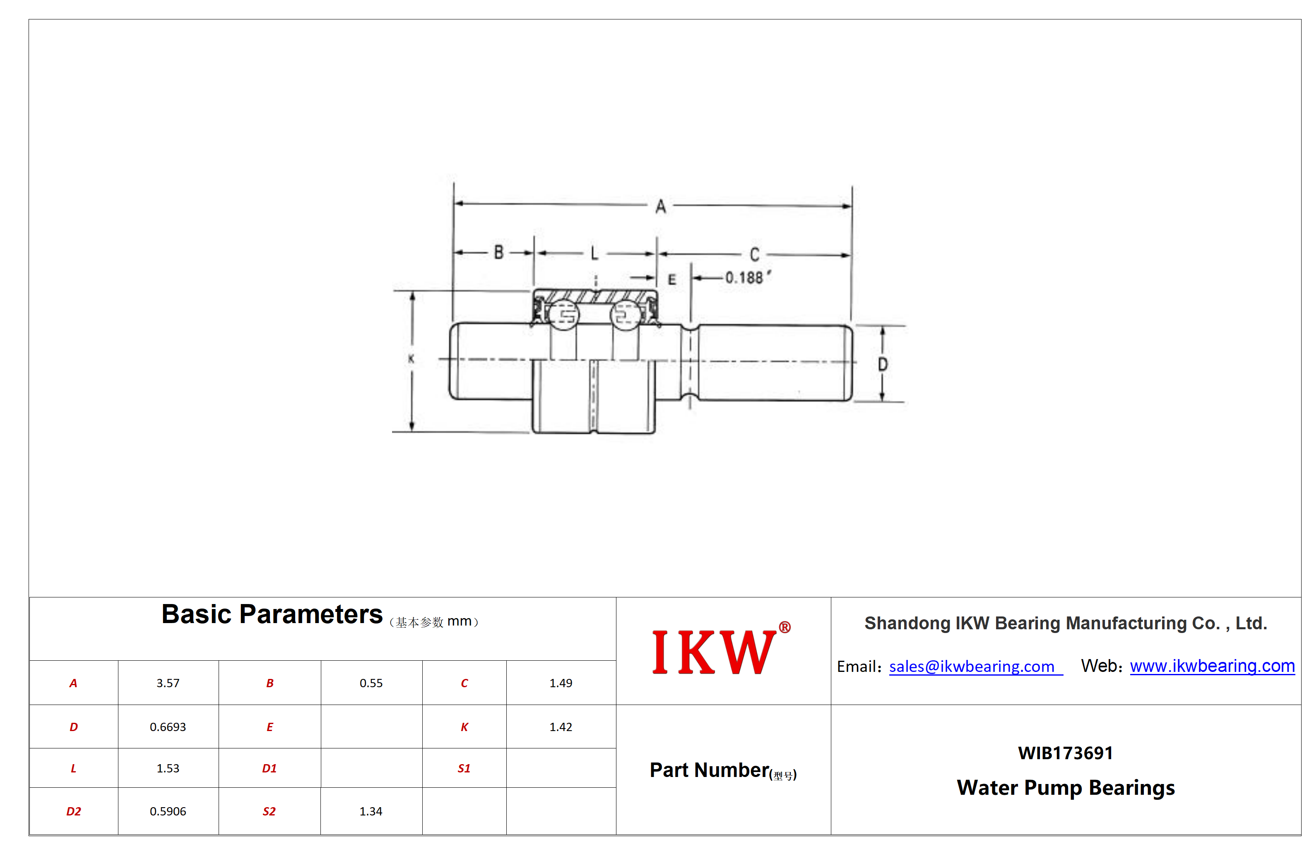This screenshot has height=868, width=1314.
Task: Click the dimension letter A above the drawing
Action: (x=660, y=207)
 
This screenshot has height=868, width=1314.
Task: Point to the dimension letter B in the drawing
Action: (x=498, y=252)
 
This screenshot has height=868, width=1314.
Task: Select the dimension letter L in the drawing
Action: (x=594, y=254)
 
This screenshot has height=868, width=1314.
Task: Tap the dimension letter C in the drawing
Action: (x=755, y=254)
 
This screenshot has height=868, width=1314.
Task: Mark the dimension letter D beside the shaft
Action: (x=883, y=364)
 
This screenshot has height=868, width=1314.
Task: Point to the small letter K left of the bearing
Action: (x=411, y=359)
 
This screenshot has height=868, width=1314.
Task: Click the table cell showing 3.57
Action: (x=168, y=683)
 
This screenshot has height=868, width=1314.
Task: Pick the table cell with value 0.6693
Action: (x=168, y=727)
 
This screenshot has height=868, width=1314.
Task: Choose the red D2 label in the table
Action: (x=74, y=812)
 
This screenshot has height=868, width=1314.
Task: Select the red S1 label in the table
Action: (x=464, y=768)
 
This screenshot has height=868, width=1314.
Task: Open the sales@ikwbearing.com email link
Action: (x=972, y=667)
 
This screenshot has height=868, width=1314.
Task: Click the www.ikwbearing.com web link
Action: (x=1213, y=666)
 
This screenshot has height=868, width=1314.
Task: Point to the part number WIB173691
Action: (x=1065, y=753)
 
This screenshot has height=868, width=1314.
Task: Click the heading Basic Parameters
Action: (x=272, y=614)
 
